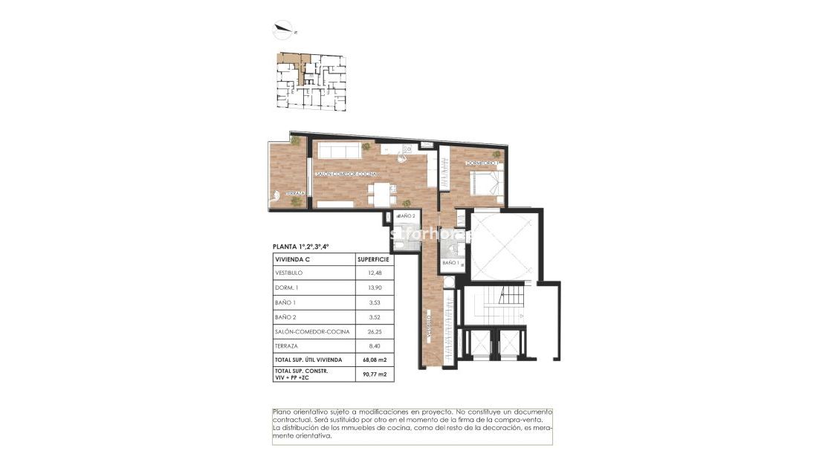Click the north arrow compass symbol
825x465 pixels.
pos(284,30)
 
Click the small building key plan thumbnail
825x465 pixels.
pos(311,79)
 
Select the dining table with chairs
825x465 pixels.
pos(381,195)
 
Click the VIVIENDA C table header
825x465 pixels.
pos(292,259)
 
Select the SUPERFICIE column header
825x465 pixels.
pos(373,259)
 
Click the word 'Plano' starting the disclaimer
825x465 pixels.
pos(281,412)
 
